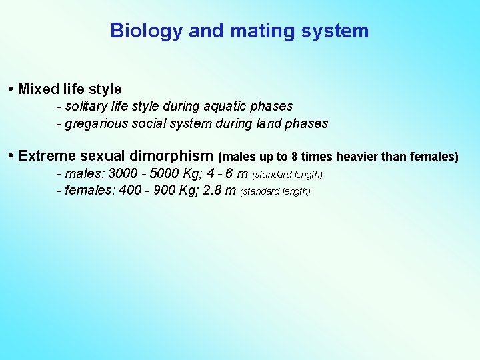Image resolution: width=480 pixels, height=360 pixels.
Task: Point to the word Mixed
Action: tap(38, 89)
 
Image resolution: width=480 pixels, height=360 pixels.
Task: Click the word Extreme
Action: tap(47, 156)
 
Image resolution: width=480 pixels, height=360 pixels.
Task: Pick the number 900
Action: tap(164, 191)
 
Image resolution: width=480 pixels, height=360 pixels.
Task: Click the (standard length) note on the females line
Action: tap(275, 192)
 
